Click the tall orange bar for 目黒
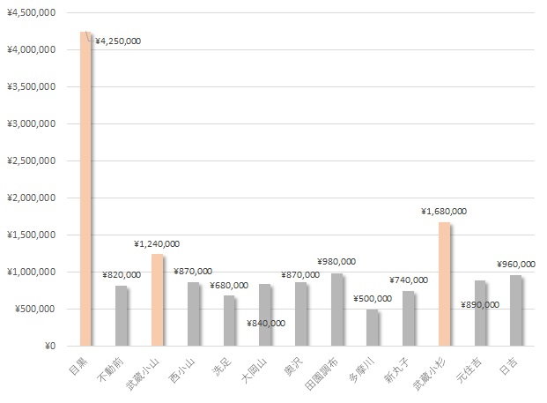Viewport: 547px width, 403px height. (x=85, y=189)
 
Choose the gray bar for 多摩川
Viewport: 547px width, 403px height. (x=373, y=327)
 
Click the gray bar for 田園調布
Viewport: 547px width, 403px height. (x=336, y=310)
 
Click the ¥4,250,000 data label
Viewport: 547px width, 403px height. (x=118, y=41)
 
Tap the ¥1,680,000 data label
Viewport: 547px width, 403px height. (x=444, y=212)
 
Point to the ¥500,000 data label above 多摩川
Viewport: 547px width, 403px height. (x=373, y=298)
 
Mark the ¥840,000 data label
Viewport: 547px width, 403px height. (x=266, y=323)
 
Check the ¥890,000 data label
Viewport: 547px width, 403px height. (x=480, y=304)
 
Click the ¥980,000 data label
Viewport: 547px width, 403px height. (x=336, y=261)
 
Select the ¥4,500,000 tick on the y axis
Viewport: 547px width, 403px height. (x=33, y=13)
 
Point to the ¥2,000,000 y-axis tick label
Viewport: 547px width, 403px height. (x=33, y=198)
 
